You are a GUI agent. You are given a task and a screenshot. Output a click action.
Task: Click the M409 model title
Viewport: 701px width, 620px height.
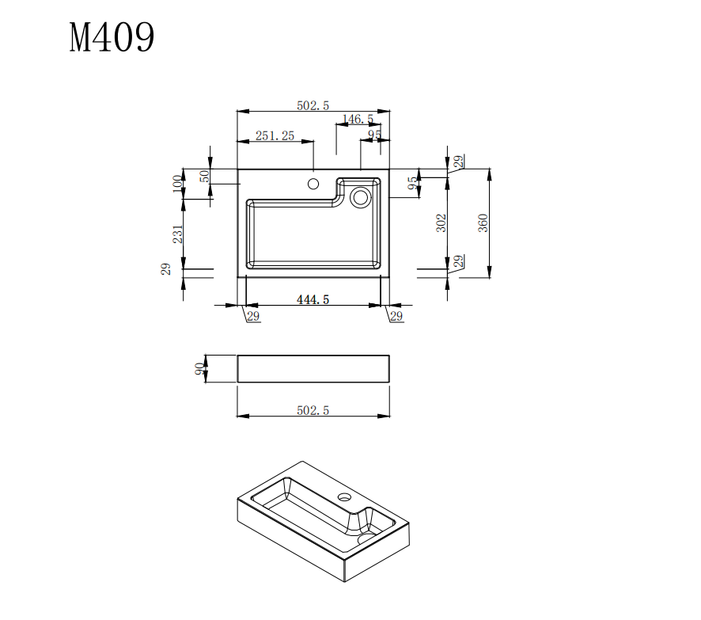112,37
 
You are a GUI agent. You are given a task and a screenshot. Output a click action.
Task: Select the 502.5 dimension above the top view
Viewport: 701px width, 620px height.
313,105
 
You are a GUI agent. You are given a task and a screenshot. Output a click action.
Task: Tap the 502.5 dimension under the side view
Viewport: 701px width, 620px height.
313,409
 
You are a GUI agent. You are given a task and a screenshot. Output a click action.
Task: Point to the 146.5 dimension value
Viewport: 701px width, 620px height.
358,120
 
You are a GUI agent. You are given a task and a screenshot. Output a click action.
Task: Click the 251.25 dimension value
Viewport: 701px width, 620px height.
275,136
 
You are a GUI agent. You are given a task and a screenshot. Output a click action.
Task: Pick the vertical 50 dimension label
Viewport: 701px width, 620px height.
204,176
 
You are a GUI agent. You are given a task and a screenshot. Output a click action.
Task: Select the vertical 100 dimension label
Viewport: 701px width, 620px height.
176,184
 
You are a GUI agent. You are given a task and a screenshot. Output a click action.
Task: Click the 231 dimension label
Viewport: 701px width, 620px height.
178,234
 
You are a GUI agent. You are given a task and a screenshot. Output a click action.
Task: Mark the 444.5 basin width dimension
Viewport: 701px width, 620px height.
313,299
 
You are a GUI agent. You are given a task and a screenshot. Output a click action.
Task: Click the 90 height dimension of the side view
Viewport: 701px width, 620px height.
199,369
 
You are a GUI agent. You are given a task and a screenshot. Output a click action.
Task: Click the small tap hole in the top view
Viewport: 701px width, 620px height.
313,184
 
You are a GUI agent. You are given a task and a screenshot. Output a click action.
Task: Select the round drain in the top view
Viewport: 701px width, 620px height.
361,196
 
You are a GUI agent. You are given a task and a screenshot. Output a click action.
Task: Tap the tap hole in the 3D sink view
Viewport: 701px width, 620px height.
344,498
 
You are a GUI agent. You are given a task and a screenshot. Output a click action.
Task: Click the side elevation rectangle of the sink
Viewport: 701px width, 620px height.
313,369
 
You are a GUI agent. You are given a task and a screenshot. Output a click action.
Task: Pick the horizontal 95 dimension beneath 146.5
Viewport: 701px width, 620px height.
374,135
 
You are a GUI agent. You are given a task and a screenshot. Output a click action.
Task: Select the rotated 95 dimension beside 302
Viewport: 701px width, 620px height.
412,184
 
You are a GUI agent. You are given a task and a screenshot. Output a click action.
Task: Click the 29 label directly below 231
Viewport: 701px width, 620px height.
166,269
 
